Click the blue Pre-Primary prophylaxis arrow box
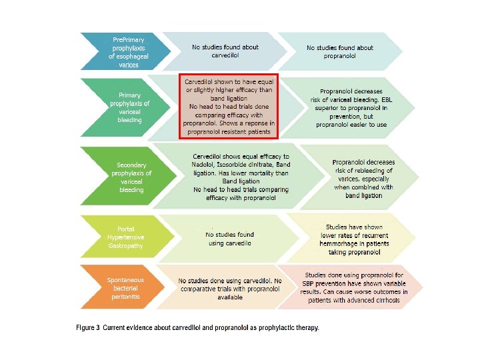coord(127,52)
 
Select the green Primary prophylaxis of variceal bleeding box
coord(129,107)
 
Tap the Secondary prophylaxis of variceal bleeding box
coord(131,177)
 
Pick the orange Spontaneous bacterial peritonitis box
coord(126,288)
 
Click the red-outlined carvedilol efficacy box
coord(228,107)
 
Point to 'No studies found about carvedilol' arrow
coord(225,51)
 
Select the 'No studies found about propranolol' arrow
coord(340,52)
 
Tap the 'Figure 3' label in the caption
coord(89,328)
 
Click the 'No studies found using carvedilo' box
coord(229,239)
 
